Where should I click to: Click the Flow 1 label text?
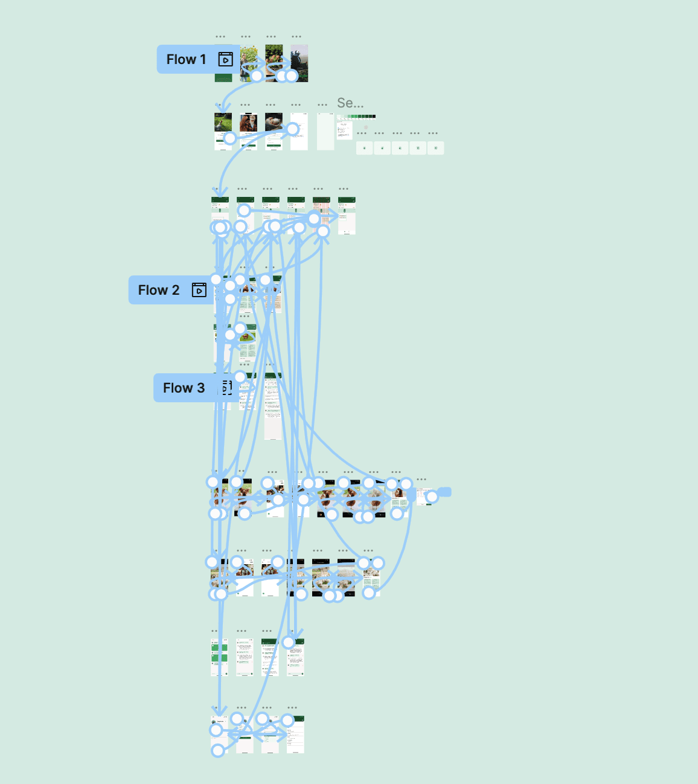click(186, 59)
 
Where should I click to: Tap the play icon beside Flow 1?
click(225, 59)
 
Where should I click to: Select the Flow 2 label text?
click(159, 290)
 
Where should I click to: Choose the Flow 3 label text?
click(184, 388)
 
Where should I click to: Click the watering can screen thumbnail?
click(299, 60)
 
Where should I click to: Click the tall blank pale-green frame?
click(325, 131)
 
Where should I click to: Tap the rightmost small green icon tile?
click(435, 148)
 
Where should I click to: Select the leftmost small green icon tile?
click(364, 148)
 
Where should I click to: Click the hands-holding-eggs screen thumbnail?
click(274, 122)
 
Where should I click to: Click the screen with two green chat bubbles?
click(219, 655)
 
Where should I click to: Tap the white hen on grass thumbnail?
click(223, 123)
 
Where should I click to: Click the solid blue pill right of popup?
click(444, 492)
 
